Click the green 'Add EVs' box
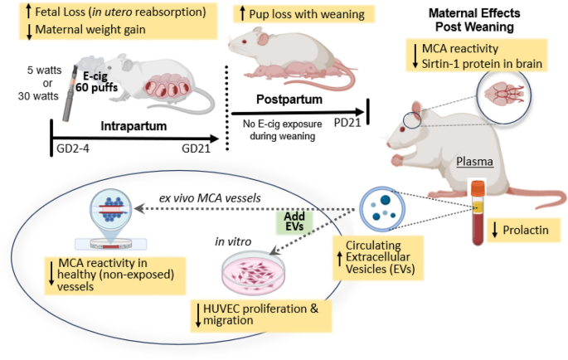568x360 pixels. (x=294, y=221)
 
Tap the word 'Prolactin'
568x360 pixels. (x=526, y=230)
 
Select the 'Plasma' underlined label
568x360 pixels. (x=474, y=161)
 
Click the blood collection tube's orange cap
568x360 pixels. (x=478, y=187)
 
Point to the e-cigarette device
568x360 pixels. (x=70, y=94)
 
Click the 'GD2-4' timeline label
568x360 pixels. (x=73, y=148)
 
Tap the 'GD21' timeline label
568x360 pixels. (x=196, y=148)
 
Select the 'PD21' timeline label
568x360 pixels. (x=347, y=123)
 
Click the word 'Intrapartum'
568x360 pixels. (x=134, y=126)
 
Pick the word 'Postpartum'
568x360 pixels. (x=289, y=100)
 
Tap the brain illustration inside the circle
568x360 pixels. (x=504, y=95)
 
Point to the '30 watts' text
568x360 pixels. (x=38, y=96)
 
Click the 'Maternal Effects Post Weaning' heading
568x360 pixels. (x=474, y=20)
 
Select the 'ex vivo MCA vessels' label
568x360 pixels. (x=210, y=198)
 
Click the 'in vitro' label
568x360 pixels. (x=233, y=241)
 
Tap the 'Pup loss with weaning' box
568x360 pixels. (x=303, y=14)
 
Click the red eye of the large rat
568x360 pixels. (x=402, y=129)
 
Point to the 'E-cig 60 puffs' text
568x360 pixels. (x=97, y=82)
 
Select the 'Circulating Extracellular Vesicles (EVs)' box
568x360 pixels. (x=378, y=257)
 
